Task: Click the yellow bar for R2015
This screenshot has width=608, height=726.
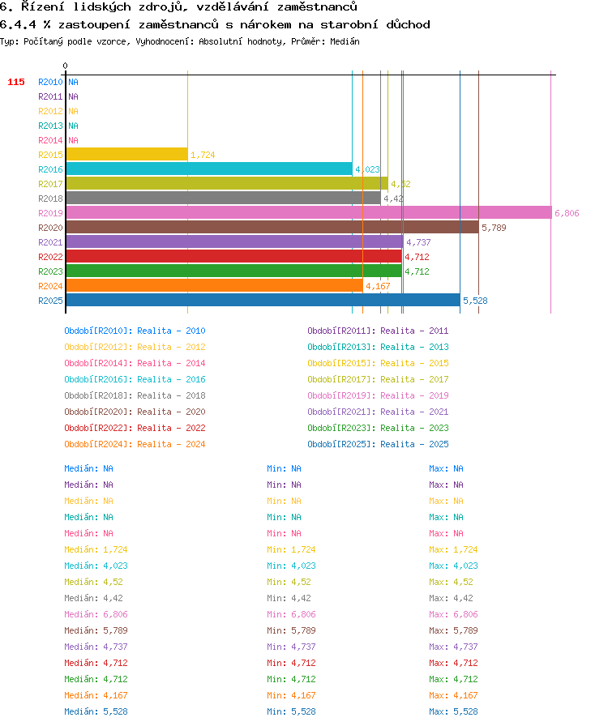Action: [x=127, y=155]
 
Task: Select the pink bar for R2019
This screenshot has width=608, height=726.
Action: [x=309, y=213]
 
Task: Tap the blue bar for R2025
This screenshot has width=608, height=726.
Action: [x=263, y=301]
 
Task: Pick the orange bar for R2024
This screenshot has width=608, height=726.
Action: [x=215, y=286]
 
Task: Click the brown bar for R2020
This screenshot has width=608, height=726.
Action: [x=272, y=228]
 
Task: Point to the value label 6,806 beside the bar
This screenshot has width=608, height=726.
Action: [x=567, y=213]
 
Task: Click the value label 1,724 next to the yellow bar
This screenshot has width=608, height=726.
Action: [x=203, y=155]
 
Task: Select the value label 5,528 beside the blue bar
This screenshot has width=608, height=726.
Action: [x=475, y=301]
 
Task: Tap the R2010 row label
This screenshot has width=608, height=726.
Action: [x=50, y=82]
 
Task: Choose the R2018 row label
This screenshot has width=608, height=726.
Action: [x=50, y=199]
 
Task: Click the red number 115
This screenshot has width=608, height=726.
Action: [x=16, y=82]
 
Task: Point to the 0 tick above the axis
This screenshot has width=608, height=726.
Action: [x=66, y=66]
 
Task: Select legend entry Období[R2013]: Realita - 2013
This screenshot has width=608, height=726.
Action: [x=378, y=347]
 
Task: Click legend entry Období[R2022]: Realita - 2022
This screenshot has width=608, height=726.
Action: [x=135, y=428]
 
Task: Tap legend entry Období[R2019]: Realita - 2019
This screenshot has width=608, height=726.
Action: [x=378, y=395]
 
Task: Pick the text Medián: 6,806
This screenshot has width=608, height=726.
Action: [x=96, y=614]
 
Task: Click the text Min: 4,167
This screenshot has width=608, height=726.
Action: [x=291, y=695]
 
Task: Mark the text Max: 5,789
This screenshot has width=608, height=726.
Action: [x=453, y=630]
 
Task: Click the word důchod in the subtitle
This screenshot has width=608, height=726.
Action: [x=408, y=24]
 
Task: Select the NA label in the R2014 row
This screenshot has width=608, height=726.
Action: [x=73, y=140]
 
